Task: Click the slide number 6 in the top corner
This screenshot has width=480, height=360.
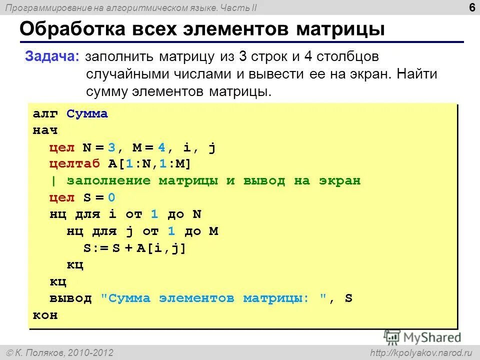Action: (x=472, y=7)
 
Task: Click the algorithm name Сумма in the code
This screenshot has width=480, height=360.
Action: (x=87, y=114)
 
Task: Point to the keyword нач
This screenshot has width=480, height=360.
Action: (x=45, y=130)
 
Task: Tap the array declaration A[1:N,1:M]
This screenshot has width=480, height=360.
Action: (x=149, y=164)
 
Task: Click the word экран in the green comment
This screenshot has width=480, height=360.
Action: (x=339, y=181)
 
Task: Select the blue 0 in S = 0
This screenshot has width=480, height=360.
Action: (x=111, y=197)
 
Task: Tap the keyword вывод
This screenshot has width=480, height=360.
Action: (x=70, y=298)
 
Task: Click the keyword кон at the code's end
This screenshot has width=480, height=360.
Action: (x=45, y=315)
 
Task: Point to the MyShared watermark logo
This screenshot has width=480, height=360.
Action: (x=422, y=336)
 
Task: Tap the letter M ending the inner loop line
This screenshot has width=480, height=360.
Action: (x=213, y=231)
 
